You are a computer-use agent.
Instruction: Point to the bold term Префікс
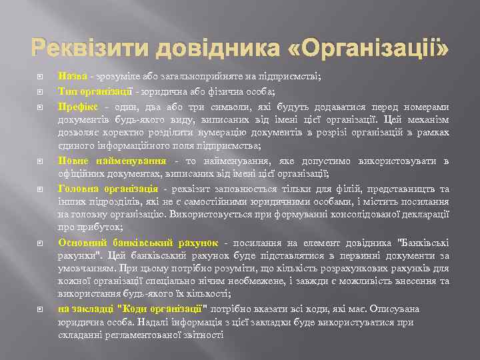pyautogui.click(x=77, y=105)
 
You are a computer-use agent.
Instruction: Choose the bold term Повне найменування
pyautogui.click(x=112, y=161)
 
